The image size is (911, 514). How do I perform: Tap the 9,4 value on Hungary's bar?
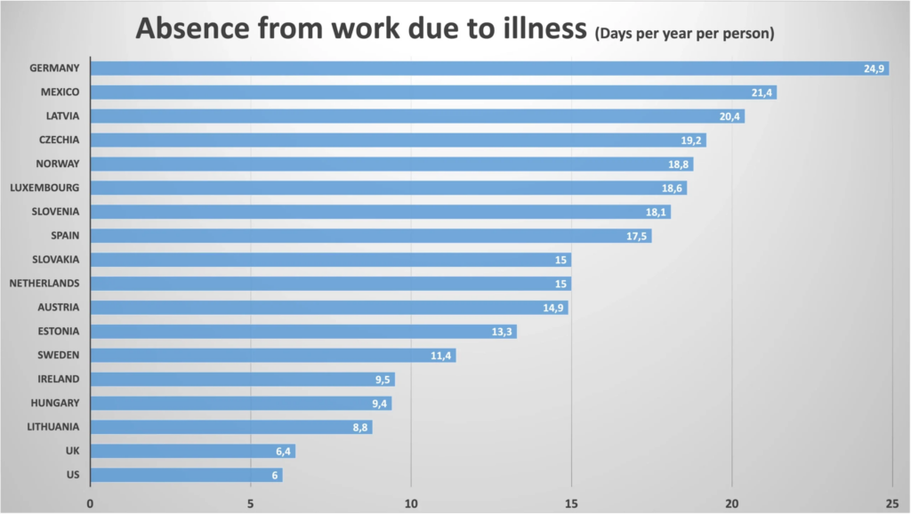pyautogui.click(x=380, y=404)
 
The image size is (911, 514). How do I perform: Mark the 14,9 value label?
pyautogui.click(x=553, y=308)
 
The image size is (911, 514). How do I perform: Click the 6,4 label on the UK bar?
pyautogui.click(x=284, y=452)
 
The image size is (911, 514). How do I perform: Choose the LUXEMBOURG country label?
pyautogui.click(x=44, y=188)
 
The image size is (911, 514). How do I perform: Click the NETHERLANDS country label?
pyautogui.click(x=44, y=284)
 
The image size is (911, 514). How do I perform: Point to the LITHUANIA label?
pyautogui.click(x=53, y=427)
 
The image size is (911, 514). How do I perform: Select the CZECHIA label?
pyautogui.click(x=60, y=141)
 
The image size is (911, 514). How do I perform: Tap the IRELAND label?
pyautogui.click(x=59, y=379)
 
